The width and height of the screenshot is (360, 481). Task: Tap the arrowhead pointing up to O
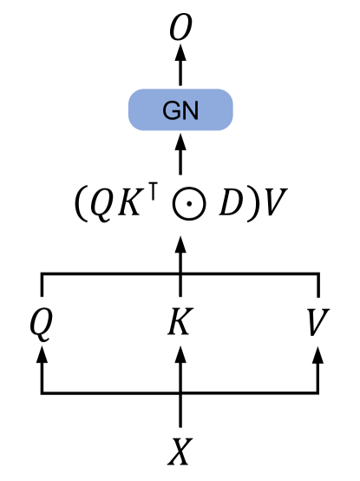(x=181, y=55)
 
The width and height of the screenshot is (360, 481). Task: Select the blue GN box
(x=180, y=110)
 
